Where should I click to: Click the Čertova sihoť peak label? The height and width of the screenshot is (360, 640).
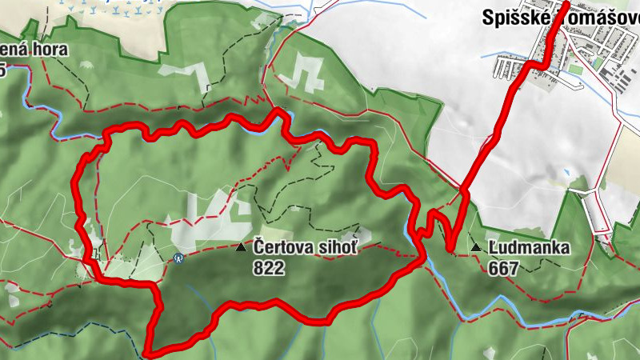point(305,248)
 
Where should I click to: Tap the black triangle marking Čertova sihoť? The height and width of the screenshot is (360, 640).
point(241,248)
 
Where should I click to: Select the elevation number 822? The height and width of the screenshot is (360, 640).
point(269,269)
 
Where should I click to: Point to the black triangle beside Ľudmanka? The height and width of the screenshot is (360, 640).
point(476,248)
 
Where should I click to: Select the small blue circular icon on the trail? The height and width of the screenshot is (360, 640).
point(178,258)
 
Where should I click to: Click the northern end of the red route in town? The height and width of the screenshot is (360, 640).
point(566,4)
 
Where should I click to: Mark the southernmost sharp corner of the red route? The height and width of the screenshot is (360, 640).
point(149,350)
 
